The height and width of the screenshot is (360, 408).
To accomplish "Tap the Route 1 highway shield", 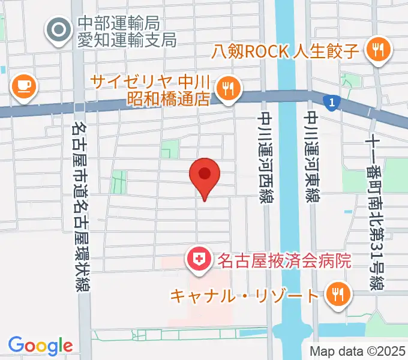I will tap(330, 103).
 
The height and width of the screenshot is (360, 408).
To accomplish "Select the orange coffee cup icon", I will tap(24, 86).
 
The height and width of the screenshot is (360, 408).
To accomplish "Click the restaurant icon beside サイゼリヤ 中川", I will tap(227, 89).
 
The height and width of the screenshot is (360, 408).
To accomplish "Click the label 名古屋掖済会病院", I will tap(281, 261).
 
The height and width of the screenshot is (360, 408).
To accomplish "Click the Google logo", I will tap(40, 346).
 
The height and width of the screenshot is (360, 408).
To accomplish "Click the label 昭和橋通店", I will tap(169, 98).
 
